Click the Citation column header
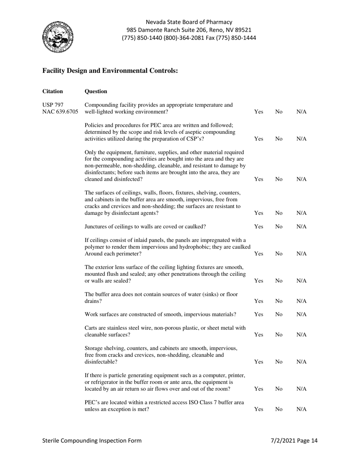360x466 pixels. (53, 91)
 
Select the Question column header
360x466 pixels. (96, 91)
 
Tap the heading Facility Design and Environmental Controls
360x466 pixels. (110, 71)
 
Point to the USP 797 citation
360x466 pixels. (53, 105)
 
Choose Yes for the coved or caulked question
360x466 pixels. (258, 227)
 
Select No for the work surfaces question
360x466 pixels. (279, 314)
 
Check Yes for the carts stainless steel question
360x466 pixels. (258, 335)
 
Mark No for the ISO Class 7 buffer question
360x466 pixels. (279, 409)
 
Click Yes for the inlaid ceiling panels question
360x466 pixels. (258, 253)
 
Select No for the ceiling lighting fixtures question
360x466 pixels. (279, 281)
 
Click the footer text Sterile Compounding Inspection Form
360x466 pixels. (92, 441)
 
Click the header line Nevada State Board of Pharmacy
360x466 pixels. (189, 22)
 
